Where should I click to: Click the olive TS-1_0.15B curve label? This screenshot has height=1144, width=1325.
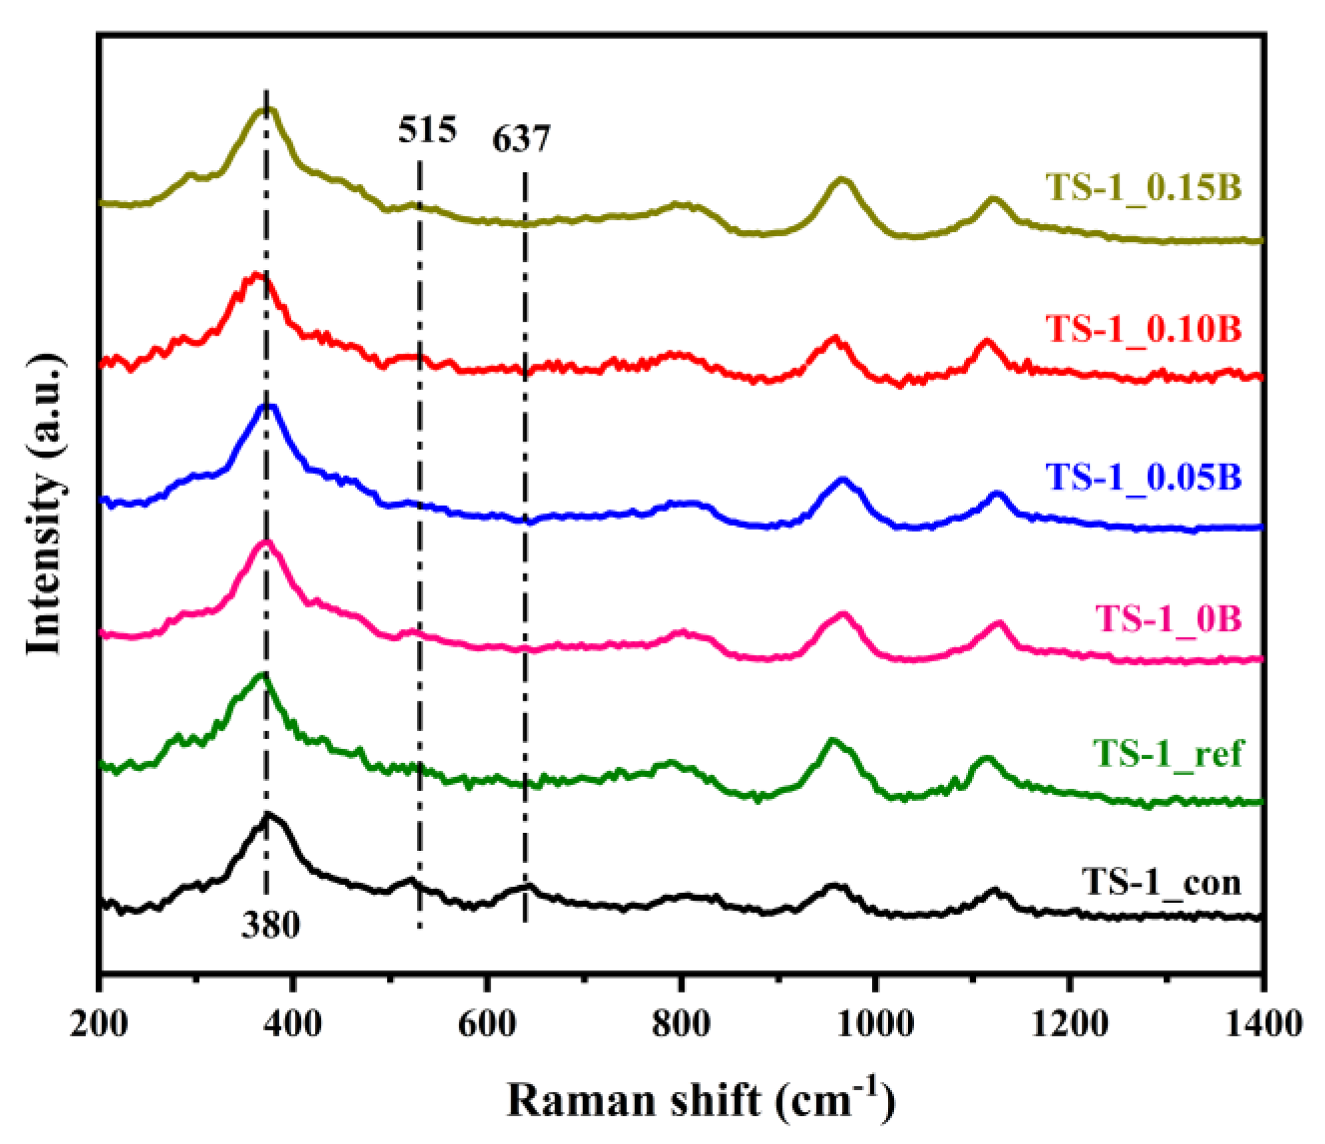1143,187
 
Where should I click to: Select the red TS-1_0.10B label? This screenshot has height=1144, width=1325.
1143,328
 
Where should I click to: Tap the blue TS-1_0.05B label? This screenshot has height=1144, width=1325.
1143,477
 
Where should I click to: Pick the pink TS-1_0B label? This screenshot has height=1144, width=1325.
1167,618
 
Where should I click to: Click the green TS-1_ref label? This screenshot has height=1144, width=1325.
1167,753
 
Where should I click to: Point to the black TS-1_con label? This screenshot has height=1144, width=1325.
1161,882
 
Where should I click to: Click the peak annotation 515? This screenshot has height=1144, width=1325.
427,130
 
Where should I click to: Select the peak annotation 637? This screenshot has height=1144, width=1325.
521,139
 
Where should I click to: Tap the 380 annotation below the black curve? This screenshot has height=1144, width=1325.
271,925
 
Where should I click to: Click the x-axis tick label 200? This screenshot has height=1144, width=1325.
98,1024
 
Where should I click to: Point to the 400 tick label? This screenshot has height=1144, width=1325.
293,1024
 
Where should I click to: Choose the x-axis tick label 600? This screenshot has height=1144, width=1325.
487,1024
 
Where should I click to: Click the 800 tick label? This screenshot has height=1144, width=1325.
681,1024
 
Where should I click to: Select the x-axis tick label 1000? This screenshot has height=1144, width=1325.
875,1024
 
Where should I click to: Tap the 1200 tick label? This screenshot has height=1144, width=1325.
1069,1024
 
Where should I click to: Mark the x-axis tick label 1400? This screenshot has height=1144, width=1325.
1263,1024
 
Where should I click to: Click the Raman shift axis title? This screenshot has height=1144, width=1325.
701,1100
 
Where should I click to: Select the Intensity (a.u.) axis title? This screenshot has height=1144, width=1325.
45,505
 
